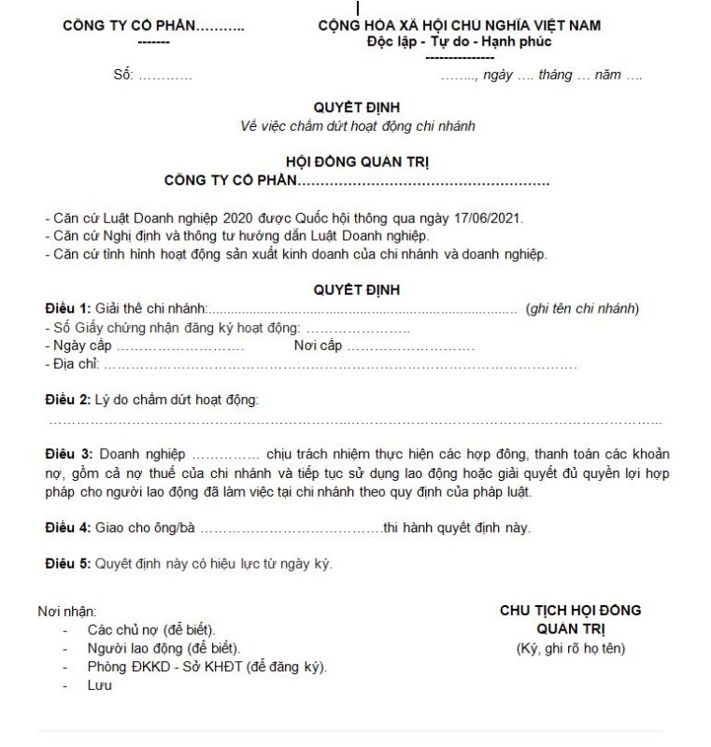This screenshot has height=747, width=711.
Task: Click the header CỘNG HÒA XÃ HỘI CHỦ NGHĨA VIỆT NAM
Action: [x=459, y=25]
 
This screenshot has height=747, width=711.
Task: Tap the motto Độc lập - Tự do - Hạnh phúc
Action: [x=459, y=42]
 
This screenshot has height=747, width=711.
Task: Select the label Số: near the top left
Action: [x=123, y=75]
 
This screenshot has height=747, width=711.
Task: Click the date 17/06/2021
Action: [x=491, y=218]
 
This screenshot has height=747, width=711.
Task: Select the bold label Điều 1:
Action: [x=68, y=309]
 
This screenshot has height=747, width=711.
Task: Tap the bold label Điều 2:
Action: [x=68, y=401]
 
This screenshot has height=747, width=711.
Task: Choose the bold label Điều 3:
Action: [x=68, y=455]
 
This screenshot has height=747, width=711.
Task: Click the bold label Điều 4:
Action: [x=68, y=528]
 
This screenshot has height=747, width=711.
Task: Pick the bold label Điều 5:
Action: [x=68, y=564]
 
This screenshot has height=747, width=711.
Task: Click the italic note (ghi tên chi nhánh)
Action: [x=582, y=309]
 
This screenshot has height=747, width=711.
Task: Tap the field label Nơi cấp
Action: [x=318, y=345]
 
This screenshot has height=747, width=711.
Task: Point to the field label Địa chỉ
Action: [x=71, y=364]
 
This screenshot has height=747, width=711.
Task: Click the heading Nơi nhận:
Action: [x=66, y=612]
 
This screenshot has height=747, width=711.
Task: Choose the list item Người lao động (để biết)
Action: [x=163, y=648]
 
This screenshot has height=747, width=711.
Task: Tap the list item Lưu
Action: [x=99, y=685]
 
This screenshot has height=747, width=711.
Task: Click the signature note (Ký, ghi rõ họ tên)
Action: [x=570, y=648]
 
